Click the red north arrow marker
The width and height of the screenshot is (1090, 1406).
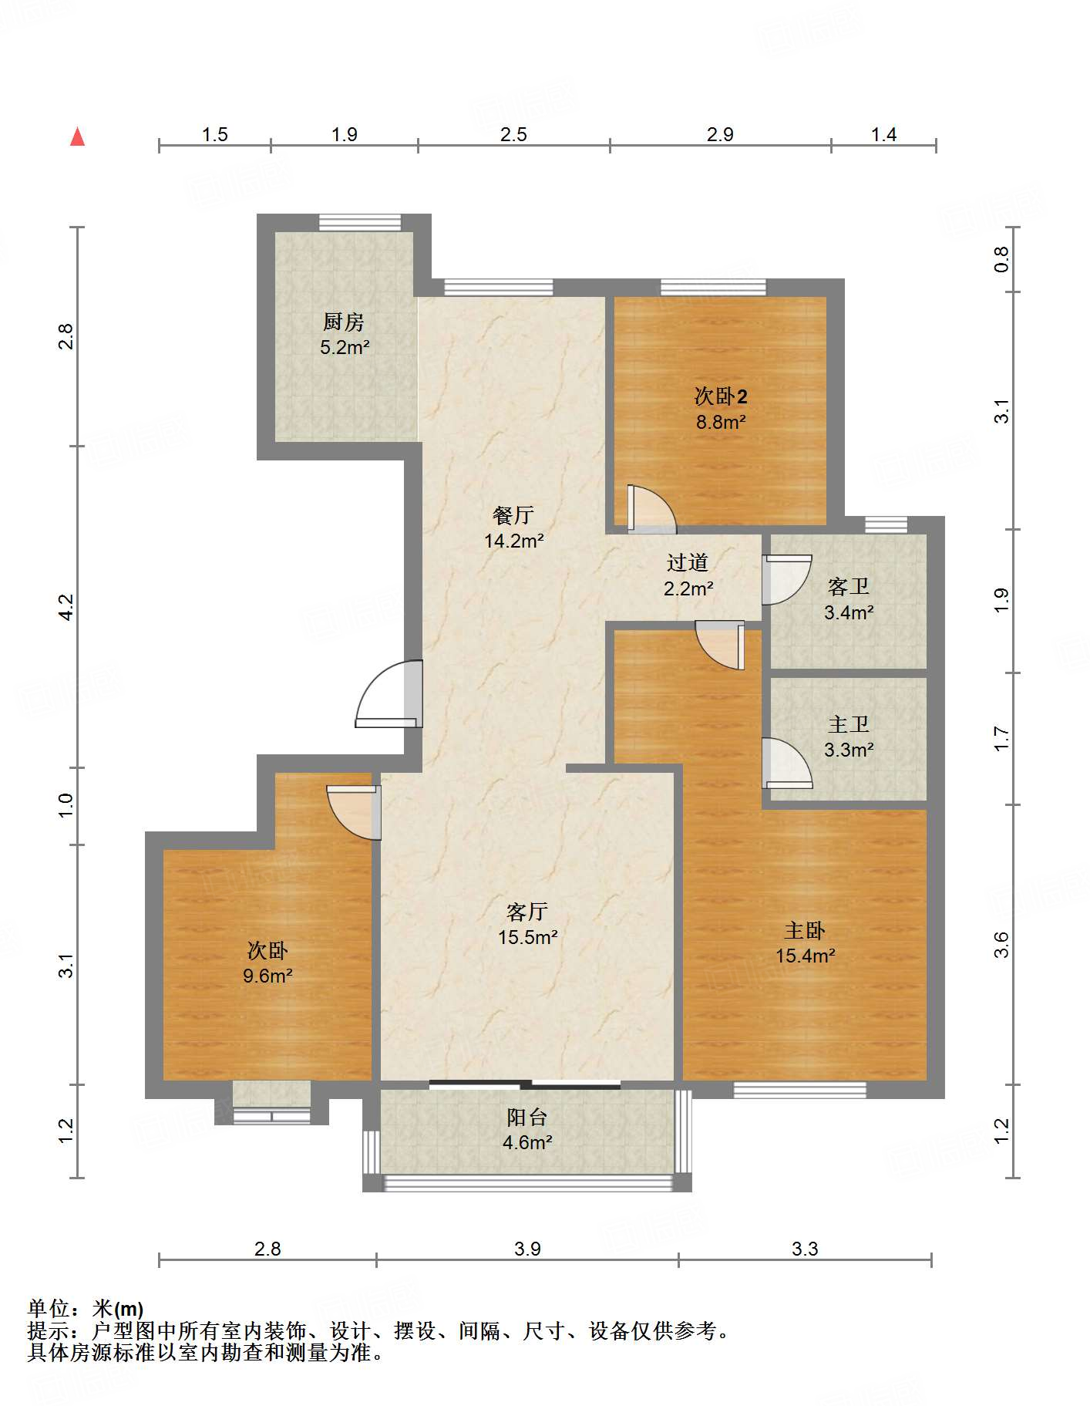click(77, 137)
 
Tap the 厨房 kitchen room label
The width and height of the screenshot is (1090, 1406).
click(345, 334)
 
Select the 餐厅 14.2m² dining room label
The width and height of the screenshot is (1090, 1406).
click(513, 528)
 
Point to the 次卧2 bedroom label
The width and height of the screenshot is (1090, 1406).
click(721, 409)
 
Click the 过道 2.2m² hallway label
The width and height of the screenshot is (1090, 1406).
click(688, 575)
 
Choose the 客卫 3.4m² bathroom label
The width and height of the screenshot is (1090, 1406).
click(848, 599)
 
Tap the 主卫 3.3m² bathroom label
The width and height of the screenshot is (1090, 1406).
click(848, 737)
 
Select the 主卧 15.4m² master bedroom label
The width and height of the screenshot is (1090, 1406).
click(805, 942)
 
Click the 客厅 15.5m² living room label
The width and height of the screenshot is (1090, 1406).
click(527, 924)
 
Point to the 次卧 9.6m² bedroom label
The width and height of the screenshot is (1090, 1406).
click(267, 963)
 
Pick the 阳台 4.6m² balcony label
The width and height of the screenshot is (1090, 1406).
click(527, 1129)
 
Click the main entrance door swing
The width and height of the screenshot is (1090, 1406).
click(389, 694)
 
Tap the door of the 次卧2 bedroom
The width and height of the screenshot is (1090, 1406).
click(652, 509)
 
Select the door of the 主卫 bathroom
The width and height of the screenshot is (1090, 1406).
click(787, 764)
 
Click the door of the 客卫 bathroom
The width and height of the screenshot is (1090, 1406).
click(787, 580)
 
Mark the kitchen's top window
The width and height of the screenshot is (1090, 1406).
click(360, 222)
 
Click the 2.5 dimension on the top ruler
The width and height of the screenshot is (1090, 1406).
click(513, 135)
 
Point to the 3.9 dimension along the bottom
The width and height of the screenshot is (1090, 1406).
click(528, 1249)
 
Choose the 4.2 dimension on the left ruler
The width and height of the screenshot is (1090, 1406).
click(67, 607)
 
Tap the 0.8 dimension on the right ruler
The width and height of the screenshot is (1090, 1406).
click(1001, 259)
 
